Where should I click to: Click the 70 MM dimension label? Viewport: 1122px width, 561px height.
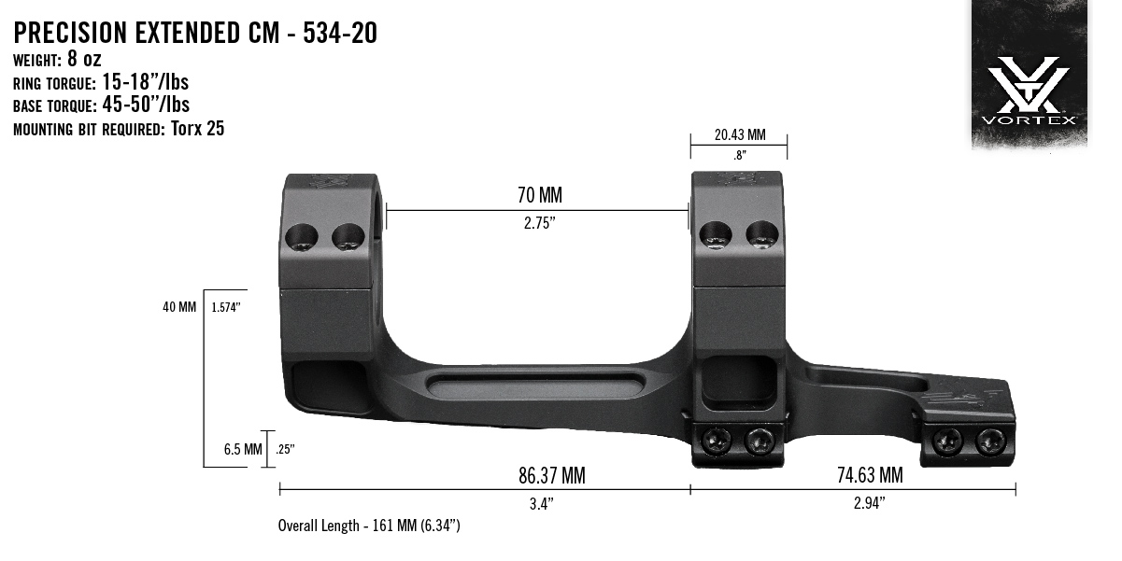click(x=539, y=196)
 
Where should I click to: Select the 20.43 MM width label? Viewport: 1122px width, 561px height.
click(x=739, y=134)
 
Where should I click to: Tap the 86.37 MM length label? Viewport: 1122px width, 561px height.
click(x=551, y=476)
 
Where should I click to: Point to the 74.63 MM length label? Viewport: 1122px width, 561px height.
click(x=870, y=476)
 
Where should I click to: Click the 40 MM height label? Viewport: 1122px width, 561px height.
click(x=179, y=307)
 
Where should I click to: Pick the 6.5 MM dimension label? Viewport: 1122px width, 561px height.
click(x=243, y=449)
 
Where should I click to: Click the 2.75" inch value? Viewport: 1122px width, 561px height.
click(x=539, y=225)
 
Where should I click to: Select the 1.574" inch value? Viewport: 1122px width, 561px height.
click(x=227, y=307)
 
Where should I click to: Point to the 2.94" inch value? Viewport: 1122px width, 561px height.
click(x=870, y=504)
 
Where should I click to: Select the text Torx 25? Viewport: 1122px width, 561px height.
click(x=198, y=129)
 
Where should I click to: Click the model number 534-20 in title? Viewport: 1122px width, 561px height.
click(x=340, y=34)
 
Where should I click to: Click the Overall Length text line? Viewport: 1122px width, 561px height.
click(x=369, y=526)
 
